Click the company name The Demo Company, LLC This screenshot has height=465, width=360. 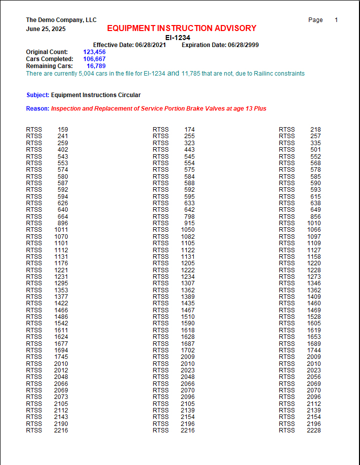pos(61,20)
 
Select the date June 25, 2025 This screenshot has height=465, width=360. pos(46,29)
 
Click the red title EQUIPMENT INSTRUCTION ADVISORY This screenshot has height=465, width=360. pos(181,29)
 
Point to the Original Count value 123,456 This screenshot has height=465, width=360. pos(94,52)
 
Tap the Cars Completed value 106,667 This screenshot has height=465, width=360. pos(94,59)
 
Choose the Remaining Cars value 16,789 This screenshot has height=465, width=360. pos(96,66)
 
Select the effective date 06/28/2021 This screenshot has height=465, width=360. pos(151,45)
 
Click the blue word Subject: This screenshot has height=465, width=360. pos(38,95)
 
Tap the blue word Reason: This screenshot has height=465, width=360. pos(38,109)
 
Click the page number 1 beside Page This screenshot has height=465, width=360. pos(336,20)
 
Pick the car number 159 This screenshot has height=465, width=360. pos(63,130)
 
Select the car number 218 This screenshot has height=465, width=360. pos(315,130)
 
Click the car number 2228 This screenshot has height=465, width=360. pos(313,430)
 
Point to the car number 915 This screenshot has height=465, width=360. pos(189,223)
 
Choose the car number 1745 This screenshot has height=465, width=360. pos(61,357)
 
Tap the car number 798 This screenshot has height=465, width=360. pos(189,217)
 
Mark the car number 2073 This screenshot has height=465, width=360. pos(61,397)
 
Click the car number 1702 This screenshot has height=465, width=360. pos(188,350)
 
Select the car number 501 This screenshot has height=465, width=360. pos(315,150)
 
